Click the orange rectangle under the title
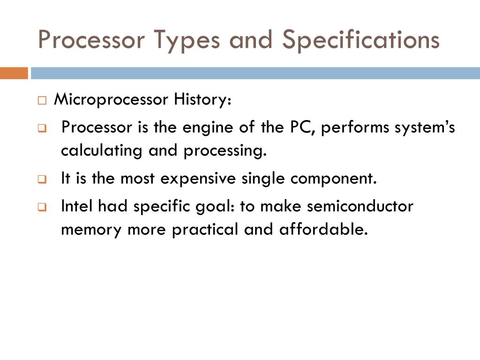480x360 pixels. [x=14, y=73]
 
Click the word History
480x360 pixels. [x=202, y=100]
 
